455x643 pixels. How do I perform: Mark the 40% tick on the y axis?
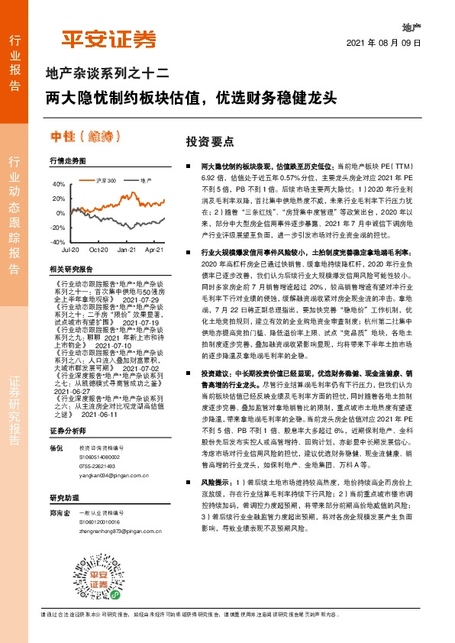tap(58, 184)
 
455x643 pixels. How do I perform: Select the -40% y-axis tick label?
tap(57, 241)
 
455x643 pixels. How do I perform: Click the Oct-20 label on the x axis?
tap(98, 250)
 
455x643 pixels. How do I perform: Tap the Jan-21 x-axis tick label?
tap(127, 250)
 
